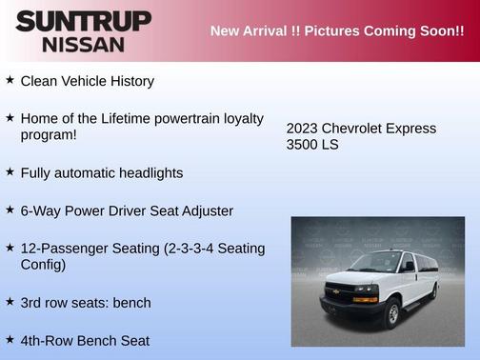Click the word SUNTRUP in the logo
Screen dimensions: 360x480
pos(83,20)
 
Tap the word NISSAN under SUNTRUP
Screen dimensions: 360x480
pos(83,44)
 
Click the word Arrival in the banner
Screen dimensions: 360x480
pos(272,31)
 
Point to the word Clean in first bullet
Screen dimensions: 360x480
pos(40,81)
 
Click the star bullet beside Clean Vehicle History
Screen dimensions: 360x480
pos(10,80)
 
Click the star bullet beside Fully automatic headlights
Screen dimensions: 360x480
pos(10,172)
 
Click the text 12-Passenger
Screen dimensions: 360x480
pos(65,248)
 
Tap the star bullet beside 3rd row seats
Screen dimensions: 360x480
pos(10,302)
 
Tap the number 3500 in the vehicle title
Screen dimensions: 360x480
pos(305,145)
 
